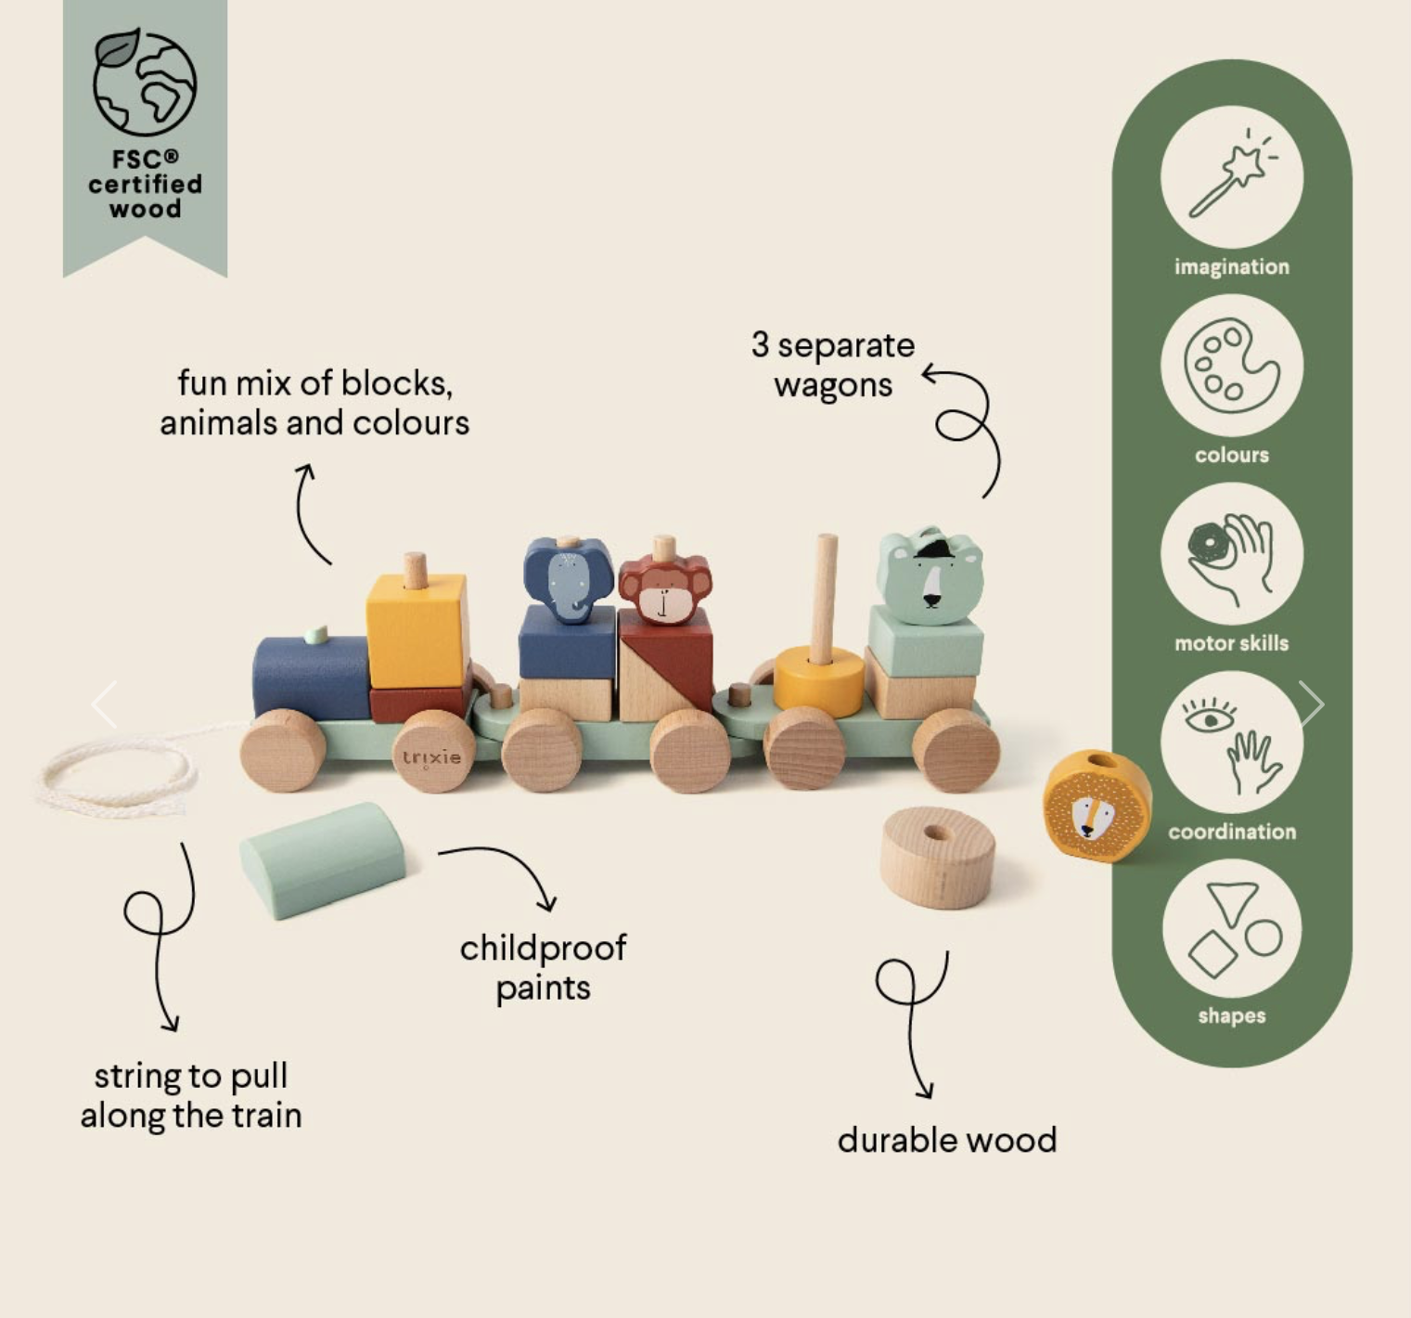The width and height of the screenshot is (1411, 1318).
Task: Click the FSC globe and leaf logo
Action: tap(145, 82)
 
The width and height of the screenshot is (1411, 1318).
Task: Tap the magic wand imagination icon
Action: tap(1232, 176)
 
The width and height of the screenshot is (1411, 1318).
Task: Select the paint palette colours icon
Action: tap(1232, 366)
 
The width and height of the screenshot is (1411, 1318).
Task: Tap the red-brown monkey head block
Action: tap(664, 587)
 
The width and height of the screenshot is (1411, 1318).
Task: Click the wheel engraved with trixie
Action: tap(432, 752)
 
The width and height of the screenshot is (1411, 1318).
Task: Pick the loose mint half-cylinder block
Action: tap(323, 859)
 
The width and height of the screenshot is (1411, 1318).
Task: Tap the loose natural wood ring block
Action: tap(938, 857)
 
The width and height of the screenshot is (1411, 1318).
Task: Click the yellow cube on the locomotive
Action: tap(417, 629)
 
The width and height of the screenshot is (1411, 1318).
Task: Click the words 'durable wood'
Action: tap(947, 1140)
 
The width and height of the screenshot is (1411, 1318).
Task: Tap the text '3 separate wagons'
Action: tap(833, 365)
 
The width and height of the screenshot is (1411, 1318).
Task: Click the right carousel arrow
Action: tap(1310, 704)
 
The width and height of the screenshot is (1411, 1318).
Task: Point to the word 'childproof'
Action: tap(544, 948)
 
